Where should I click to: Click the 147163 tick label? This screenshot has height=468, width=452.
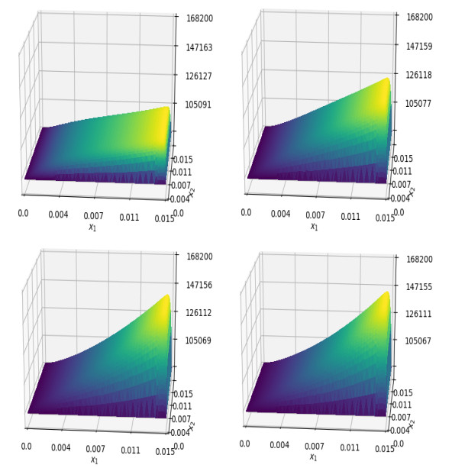[x=200, y=47]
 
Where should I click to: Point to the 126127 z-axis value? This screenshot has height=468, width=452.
[x=200, y=76]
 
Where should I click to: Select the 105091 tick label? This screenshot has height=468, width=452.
[x=200, y=105]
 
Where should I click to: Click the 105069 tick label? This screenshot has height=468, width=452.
[x=200, y=341]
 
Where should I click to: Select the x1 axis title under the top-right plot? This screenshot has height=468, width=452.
[x=314, y=227]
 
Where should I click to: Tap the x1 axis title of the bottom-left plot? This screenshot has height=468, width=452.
[x=95, y=460]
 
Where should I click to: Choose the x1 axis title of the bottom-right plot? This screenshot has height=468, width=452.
[x=313, y=457]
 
